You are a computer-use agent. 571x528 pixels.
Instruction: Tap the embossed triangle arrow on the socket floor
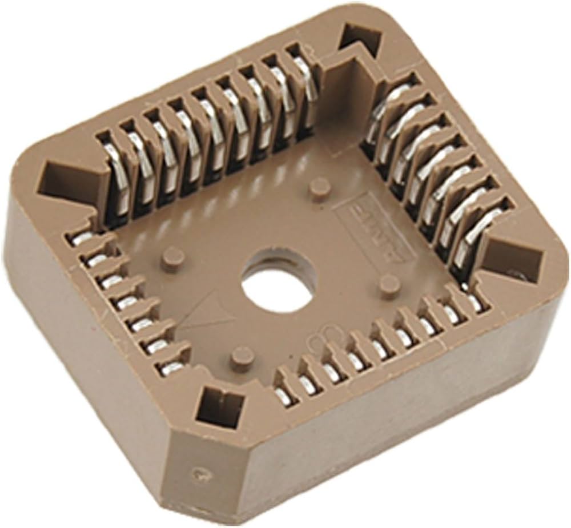[x=209, y=311]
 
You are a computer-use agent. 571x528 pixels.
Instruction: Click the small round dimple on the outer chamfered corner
[x=199, y=473]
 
